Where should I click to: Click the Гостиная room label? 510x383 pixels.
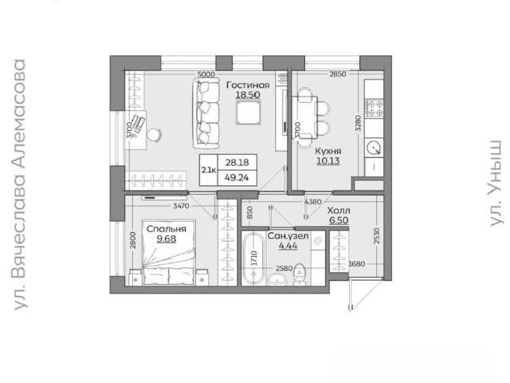(x=248, y=85)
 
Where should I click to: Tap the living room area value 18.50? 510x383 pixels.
(x=248, y=95)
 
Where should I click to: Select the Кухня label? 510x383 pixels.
(x=328, y=152)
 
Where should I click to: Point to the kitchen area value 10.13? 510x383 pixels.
(x=328, y=161)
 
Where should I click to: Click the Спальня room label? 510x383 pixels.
(x=167, y=229)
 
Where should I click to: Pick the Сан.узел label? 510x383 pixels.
(x=288, y=236)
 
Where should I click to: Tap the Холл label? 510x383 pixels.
(x=339, y=211)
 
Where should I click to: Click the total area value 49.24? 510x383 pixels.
(x=237, y=177)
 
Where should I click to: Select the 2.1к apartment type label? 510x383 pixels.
(x=208, y=170)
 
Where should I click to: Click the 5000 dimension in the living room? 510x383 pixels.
(x=206, y=74)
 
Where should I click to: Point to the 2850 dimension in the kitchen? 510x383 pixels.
(x=338, y=74)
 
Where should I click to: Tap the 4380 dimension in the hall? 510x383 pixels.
(x=313, y=202)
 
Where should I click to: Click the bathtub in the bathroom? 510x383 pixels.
(x=253, y=259)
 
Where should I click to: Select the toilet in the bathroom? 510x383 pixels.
(x=299, y=274)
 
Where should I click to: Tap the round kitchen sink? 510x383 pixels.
(x=374, y=148)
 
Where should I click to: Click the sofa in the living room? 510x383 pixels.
(x=206, y=113)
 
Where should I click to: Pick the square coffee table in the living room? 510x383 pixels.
(x=249, y=113)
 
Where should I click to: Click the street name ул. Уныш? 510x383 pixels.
(x=496, y=184)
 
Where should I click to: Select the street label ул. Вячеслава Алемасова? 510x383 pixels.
(x=19, y=184)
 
